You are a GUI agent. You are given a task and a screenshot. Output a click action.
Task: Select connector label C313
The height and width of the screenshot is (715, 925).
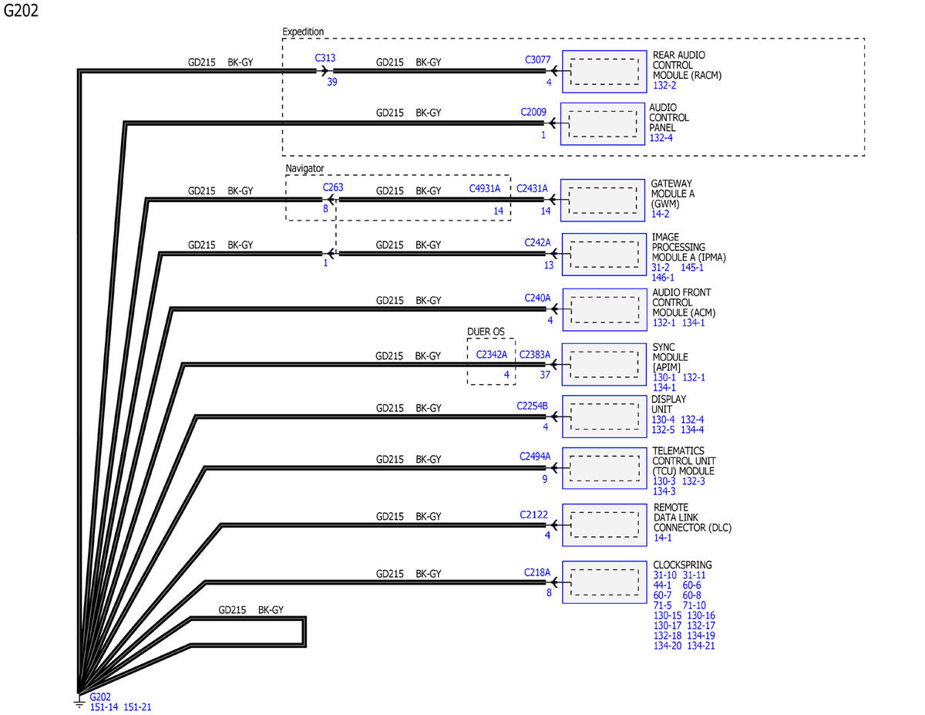(x=325, y=58)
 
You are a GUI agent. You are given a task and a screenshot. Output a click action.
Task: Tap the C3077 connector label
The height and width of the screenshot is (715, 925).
(x=537, y=59)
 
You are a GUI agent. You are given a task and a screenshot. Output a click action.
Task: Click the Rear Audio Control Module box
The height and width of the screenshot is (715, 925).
(x=604, y=72)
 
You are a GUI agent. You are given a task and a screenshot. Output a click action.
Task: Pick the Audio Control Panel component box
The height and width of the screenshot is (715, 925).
(x=602, y=123)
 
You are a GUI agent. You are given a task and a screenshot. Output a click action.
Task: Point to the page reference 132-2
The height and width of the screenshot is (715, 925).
(x=664, y=85)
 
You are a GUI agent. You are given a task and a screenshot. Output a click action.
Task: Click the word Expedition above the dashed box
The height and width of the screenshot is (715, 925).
(x=303, y=32)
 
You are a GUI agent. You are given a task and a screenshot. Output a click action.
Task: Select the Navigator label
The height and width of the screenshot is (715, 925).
(x=304, y=168)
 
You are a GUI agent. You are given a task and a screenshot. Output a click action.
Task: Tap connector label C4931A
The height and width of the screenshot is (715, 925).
(x=484, y=188)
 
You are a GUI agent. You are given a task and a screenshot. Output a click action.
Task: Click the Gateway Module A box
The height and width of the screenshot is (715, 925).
(x=602, y=200)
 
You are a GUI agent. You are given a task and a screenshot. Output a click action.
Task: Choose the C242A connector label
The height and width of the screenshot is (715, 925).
(x=537, y=242)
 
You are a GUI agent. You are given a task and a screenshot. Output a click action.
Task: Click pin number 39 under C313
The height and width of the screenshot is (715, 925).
(x=332, y=82)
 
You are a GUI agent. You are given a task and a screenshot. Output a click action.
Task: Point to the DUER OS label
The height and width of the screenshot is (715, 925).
(x=486, y=332)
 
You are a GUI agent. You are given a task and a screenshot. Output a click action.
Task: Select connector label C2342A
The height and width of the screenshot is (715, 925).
(x=491, y=354)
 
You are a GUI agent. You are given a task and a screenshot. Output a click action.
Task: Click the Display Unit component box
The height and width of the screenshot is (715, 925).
(x=604, y=417)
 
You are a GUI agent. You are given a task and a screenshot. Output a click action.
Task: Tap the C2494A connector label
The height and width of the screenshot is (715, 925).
(x=535, y=456)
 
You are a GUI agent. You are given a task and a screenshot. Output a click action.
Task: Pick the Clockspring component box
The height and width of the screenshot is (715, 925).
(x=604, y=582)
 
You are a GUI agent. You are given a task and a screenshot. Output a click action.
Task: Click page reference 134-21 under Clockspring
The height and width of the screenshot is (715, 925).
(x=701, y=646)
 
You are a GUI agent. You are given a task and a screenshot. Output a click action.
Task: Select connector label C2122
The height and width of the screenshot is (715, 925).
(x=533, y=514)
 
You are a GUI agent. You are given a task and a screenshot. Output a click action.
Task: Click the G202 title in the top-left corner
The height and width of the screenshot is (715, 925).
(x=21, y=10)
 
